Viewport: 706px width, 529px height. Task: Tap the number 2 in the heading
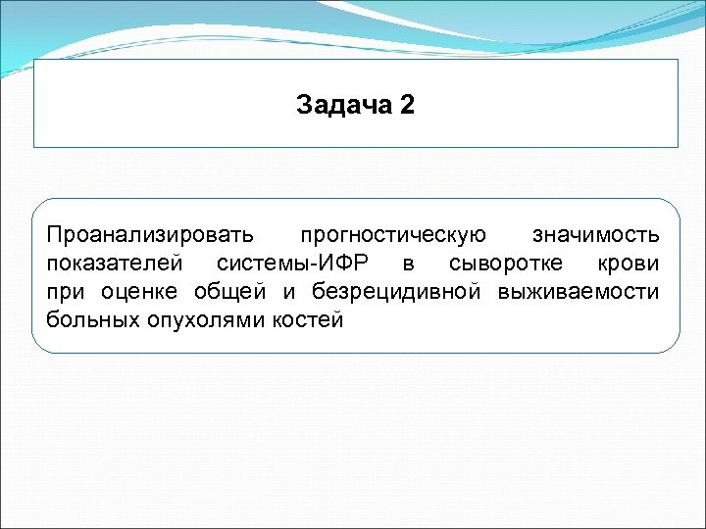pos(408,105)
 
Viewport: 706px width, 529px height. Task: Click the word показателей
pos(116,264)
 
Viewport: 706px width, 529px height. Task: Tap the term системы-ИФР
pos(293,264)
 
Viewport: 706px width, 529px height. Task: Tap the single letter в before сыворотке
pos(408,264)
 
